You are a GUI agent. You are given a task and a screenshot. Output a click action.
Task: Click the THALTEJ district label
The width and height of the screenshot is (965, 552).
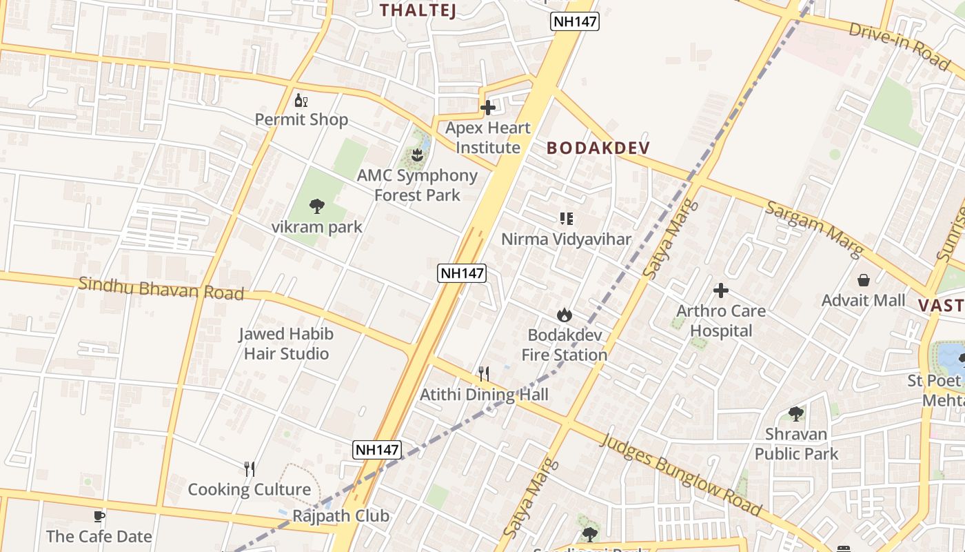(418, 10)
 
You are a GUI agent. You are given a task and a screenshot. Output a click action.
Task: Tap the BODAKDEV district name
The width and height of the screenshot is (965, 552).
(598, 148)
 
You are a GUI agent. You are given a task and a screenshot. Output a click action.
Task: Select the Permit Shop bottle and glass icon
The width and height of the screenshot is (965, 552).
(301, 101)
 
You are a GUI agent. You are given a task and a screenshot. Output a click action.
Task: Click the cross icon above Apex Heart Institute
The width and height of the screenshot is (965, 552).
(488, 108)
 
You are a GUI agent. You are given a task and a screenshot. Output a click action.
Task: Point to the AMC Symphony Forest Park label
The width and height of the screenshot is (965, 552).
(417, 185)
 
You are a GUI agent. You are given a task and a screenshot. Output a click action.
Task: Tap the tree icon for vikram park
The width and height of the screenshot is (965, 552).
(317, 206)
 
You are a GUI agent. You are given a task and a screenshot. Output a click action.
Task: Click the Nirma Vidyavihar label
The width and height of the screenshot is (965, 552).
(566, 239)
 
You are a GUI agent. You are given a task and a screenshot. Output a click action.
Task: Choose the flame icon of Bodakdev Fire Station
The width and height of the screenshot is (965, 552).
(565, 315)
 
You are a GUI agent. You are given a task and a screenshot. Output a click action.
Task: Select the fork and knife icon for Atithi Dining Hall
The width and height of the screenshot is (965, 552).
(484, 374)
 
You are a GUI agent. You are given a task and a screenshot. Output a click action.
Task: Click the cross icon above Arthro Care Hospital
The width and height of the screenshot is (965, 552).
(720, 290)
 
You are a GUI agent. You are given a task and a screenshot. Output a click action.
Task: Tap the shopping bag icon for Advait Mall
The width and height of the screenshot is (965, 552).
(863, 280)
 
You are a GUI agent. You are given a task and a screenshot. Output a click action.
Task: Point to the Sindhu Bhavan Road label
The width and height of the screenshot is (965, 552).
(161, 288)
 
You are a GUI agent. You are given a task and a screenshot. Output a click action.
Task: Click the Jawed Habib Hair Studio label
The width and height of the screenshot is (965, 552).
(285, 344)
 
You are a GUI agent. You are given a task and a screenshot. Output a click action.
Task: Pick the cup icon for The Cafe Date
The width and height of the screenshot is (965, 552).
(99, 516)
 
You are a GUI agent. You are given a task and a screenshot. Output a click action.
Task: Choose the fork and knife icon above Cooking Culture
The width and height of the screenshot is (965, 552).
(250, 469)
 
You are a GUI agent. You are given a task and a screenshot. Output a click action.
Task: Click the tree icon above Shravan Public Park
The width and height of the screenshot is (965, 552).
(796, 414)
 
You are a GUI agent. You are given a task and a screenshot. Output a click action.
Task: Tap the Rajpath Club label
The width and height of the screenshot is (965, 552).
(341, 516)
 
